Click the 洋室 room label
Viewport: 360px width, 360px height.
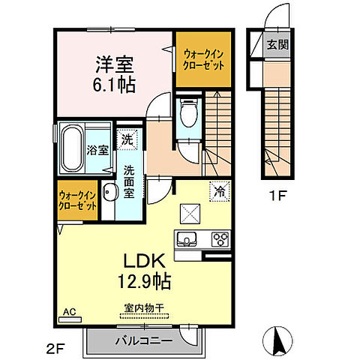click(115, 64)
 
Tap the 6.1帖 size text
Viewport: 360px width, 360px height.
click(114, 85)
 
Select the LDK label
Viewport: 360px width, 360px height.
click(145, 261)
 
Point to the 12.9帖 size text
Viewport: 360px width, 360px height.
click(144, 281)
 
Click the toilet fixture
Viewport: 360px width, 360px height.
click(189, 113)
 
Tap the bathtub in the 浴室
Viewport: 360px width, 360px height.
click(73, 149)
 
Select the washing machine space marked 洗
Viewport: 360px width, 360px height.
click(127, 139)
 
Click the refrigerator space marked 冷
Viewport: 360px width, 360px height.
click(220, 191)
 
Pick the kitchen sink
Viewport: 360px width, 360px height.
click(187, 239)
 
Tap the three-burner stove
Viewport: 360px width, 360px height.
click(220, 239)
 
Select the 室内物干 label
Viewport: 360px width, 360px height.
click(144, 307)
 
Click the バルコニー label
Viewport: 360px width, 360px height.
click(144, 340)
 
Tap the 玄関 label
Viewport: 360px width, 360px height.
click(277, 45)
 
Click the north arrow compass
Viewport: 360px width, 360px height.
click(277, 340)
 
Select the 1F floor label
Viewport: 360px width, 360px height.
click(277, 196)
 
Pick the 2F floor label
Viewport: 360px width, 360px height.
click(55, 349)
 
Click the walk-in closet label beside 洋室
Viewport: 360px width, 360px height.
click(203, 60)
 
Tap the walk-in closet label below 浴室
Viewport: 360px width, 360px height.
click(77, 200)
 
